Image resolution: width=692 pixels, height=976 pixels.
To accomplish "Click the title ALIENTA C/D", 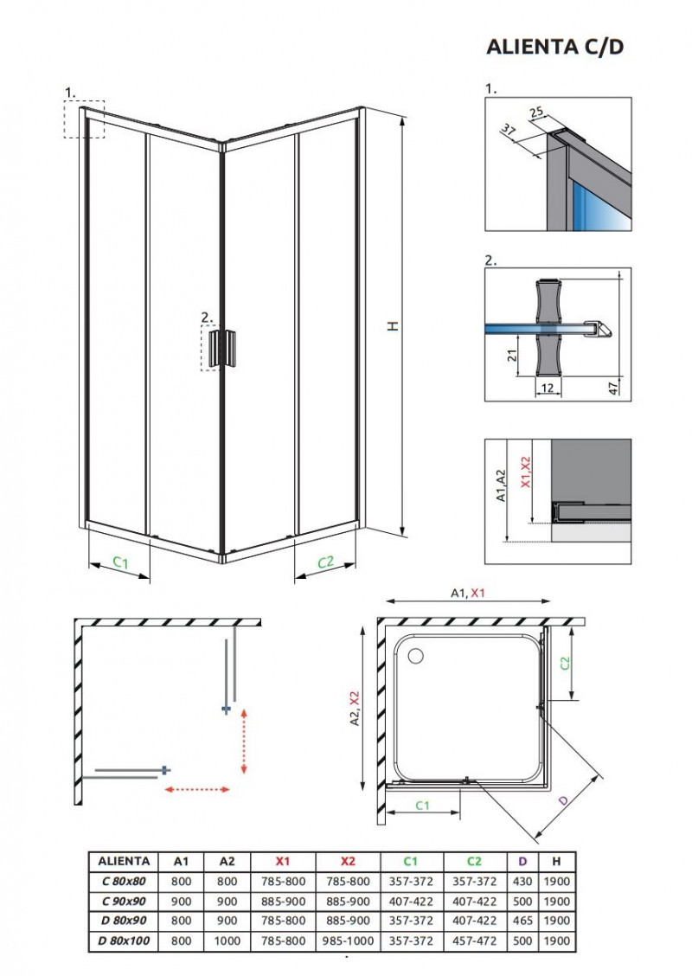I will (x=554, y=47).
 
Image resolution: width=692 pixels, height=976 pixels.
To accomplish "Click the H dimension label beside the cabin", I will (x=391, y=326).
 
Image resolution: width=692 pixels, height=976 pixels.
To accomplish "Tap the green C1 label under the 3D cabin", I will (x=120, y=563).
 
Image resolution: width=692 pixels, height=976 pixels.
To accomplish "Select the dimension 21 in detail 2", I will (x=510, y=355).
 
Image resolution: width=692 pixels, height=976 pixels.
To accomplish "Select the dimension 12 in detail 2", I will (x=546, y=388).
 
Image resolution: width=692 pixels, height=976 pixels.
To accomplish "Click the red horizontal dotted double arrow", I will (x=196, y=789).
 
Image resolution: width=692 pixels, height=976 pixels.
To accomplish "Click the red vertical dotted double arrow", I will (x=244, y=740).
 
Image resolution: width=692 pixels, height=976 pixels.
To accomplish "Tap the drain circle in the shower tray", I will (x=417, y=655).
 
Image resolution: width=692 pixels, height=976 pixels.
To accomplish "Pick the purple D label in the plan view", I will (x=564, y=802).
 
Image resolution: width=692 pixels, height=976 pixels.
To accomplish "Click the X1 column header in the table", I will (x=283, y=861).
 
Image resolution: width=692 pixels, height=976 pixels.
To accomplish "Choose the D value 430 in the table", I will (x=522, y=881).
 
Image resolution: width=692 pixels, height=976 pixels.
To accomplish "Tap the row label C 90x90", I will (x=124, y=901).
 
